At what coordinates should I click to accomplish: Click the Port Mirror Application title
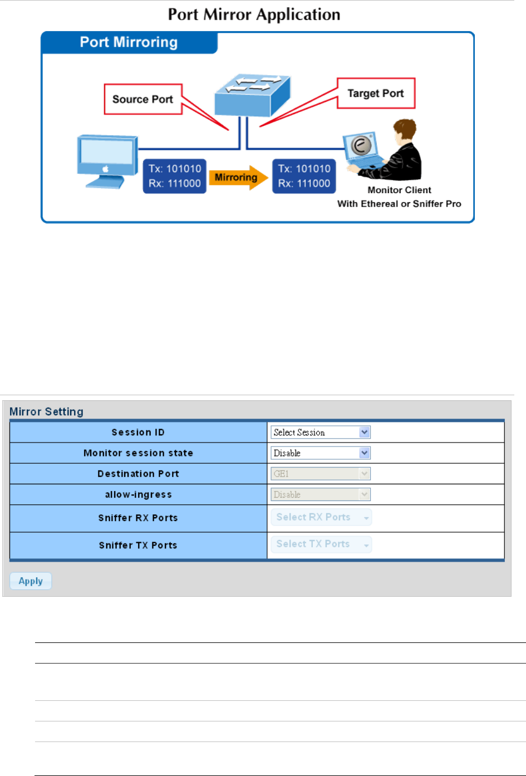click(254, 14)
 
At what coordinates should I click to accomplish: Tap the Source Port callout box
click(143, 99)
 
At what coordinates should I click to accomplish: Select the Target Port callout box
click(376, 94)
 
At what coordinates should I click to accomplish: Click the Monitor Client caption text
click(399, 190)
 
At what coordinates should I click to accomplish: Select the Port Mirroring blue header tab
click(129, 42)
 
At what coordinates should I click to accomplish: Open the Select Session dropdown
click(320, 432)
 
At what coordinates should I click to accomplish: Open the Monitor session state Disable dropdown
click(320, 453)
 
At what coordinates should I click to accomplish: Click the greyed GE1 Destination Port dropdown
click(320, 474)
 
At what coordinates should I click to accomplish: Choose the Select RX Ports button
click(321, 517)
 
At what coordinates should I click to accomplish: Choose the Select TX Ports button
click(321, 544)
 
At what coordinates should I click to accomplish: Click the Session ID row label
click(138, 433)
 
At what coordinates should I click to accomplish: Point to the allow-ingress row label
click(138, 494)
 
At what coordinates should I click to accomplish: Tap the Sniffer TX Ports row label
click(138, 546)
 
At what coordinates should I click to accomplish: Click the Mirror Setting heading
click(46, 411)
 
